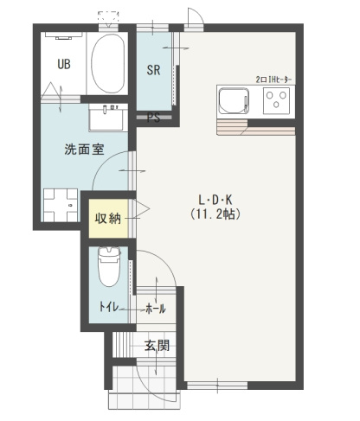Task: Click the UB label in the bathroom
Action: [64, 63]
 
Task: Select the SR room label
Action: [153, 71]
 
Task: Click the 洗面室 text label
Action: [84, 148]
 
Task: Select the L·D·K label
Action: [216, 197]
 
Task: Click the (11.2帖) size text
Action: [216, 213]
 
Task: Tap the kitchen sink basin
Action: [234, 102]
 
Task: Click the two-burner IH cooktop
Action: [279, 101]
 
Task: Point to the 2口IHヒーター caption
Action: [273, 79]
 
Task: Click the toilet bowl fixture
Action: [108, 267]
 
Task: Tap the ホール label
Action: [155, 309]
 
